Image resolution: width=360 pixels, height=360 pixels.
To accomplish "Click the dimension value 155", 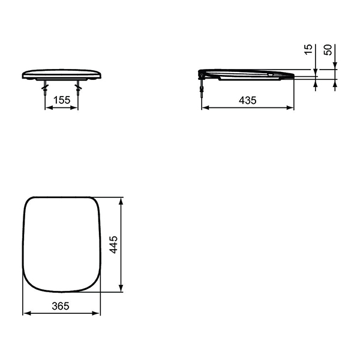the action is (62, 100).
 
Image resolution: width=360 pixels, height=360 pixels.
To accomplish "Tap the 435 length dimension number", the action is (247, 100).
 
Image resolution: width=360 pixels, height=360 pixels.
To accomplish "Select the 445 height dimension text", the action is (113, 245).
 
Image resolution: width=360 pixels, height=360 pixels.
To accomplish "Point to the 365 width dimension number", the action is (61, 306).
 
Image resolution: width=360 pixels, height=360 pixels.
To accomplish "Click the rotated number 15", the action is (308, 49).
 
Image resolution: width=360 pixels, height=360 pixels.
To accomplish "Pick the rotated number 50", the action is (328, 50).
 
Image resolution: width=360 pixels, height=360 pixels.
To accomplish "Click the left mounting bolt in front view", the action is (45, 88).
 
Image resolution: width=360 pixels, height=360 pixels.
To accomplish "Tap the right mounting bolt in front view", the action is (78, 88).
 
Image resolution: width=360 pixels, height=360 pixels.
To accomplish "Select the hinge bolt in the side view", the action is (202, 86).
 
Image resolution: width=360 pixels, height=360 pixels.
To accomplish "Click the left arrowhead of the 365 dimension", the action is (28, 313).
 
